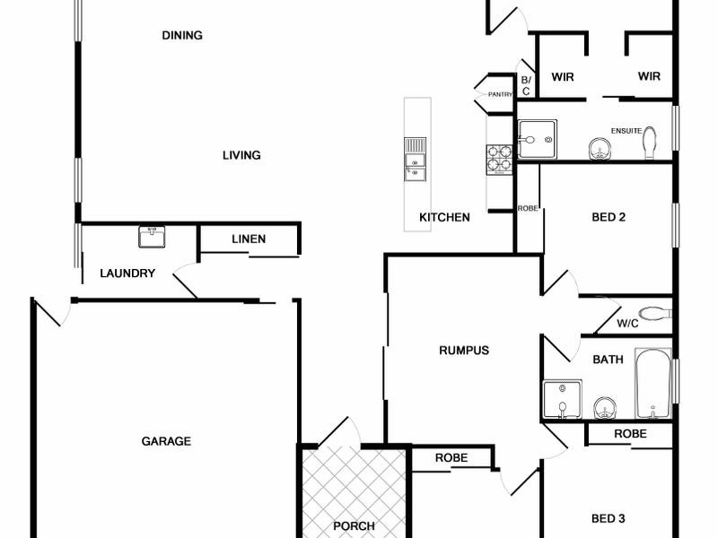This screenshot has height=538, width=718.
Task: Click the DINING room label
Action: pos(182,35)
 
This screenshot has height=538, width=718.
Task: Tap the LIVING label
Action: pos(241,155)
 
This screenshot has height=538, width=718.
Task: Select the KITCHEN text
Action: pos(444,217)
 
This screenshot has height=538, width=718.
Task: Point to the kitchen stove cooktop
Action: pos(499,160)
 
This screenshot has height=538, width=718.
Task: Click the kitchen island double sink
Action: pos(415,159)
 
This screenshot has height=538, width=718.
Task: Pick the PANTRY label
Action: pos(500,95)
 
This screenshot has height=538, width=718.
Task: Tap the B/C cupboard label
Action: pos(526,85)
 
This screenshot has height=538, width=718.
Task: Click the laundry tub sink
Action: pos(152,237)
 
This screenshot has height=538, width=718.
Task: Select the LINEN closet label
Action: pos(249,239)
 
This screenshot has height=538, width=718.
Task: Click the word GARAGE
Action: pos(166,441)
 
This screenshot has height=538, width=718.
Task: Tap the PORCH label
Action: pos(354,526)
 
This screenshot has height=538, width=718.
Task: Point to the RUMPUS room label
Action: pos(464,351)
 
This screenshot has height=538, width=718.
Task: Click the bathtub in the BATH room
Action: pos(652,384)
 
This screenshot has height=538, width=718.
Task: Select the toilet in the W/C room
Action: pos(655,314)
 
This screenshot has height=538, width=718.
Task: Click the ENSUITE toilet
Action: pos(650,143)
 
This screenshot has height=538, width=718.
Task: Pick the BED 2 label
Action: pos(609,217)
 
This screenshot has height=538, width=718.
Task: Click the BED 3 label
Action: pos(609,518)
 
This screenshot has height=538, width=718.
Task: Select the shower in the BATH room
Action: pos(563,399)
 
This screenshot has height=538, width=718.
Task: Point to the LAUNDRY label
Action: pos(127,273)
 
